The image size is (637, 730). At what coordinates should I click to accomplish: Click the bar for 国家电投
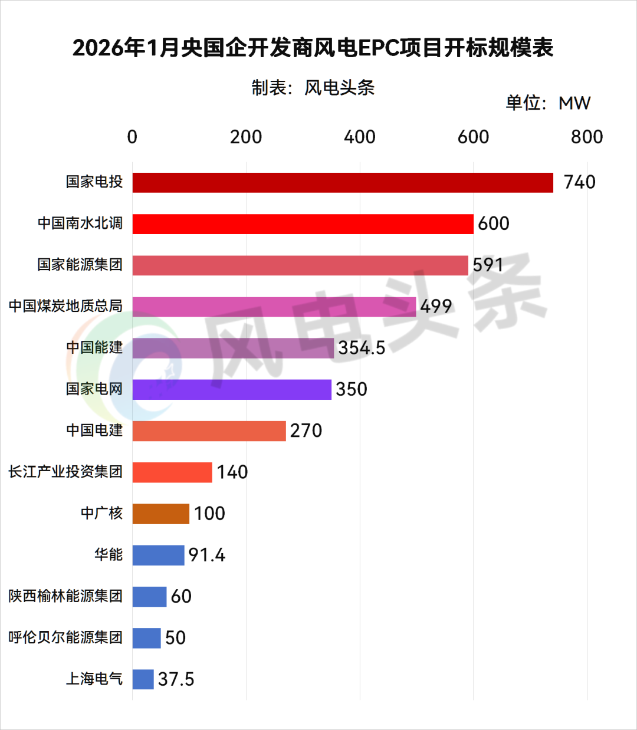pos(343,183)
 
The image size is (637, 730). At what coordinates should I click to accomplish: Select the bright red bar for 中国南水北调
pos(303,224)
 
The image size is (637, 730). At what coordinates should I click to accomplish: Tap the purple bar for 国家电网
pos(232,389)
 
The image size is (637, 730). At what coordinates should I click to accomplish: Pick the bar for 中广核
pos(160,514)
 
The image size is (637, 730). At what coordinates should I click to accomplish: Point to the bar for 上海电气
pos(143,679)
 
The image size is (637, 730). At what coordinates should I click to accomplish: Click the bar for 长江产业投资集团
pos(172,472)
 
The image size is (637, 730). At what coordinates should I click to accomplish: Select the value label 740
pos(579,182)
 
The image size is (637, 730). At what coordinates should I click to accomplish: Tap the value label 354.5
pos(361,348)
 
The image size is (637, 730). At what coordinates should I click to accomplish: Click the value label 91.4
pos(206,555)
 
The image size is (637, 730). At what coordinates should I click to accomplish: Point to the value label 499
pos(436,306)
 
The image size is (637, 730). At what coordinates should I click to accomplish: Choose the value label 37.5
pos(176,679)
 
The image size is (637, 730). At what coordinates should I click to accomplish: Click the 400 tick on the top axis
pos(359,137)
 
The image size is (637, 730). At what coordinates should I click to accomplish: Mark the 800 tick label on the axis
pos(586,137)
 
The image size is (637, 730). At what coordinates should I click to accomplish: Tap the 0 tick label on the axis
pos(132,137)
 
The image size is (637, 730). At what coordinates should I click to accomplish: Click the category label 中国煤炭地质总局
pos(65,306)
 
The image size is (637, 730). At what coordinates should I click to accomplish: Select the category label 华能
pos(109,554)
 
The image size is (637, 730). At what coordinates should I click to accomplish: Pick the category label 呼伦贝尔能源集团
pos(65,637)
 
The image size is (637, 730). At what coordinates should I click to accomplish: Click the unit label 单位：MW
pos(547,103)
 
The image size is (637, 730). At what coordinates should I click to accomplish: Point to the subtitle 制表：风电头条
pos(313,88)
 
